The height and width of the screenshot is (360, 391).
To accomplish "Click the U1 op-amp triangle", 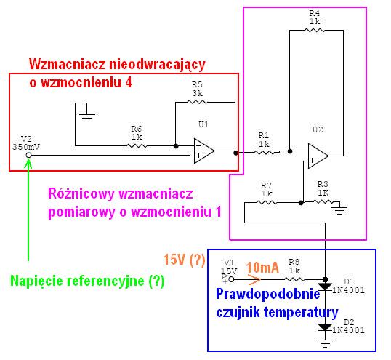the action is click(203, 151).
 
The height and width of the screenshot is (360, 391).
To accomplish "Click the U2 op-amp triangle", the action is click(318, 156).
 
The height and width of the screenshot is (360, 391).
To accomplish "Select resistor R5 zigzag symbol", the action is click(197, 102).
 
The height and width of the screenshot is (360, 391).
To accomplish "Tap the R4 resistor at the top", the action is click(315, 31).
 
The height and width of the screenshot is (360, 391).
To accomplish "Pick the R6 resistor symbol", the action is click(137, 145).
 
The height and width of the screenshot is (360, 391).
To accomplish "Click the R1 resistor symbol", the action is click(265, 152).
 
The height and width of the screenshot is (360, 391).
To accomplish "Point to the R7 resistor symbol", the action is click(266, 203).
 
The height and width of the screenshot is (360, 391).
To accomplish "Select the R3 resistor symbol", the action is click(323, 201).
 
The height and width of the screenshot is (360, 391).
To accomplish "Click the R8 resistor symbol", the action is click(294, 279).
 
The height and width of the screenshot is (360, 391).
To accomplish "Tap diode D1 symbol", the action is click(325, 287).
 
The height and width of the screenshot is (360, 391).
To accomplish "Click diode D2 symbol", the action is click(325, 327).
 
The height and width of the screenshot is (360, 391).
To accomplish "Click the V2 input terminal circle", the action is click(28, 155).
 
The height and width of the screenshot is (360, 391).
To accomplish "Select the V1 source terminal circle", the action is click(231, 279).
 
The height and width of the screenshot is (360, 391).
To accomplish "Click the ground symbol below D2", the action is click(325, 343).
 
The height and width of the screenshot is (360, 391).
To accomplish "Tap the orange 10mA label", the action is click(262, 268).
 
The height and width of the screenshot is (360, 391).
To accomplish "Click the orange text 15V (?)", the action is click(185, 260).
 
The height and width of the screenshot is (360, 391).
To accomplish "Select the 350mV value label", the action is click(26, 147).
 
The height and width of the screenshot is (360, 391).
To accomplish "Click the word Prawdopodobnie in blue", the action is click(268, 295).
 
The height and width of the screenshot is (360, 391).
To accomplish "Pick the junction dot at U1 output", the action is click(235, 153).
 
